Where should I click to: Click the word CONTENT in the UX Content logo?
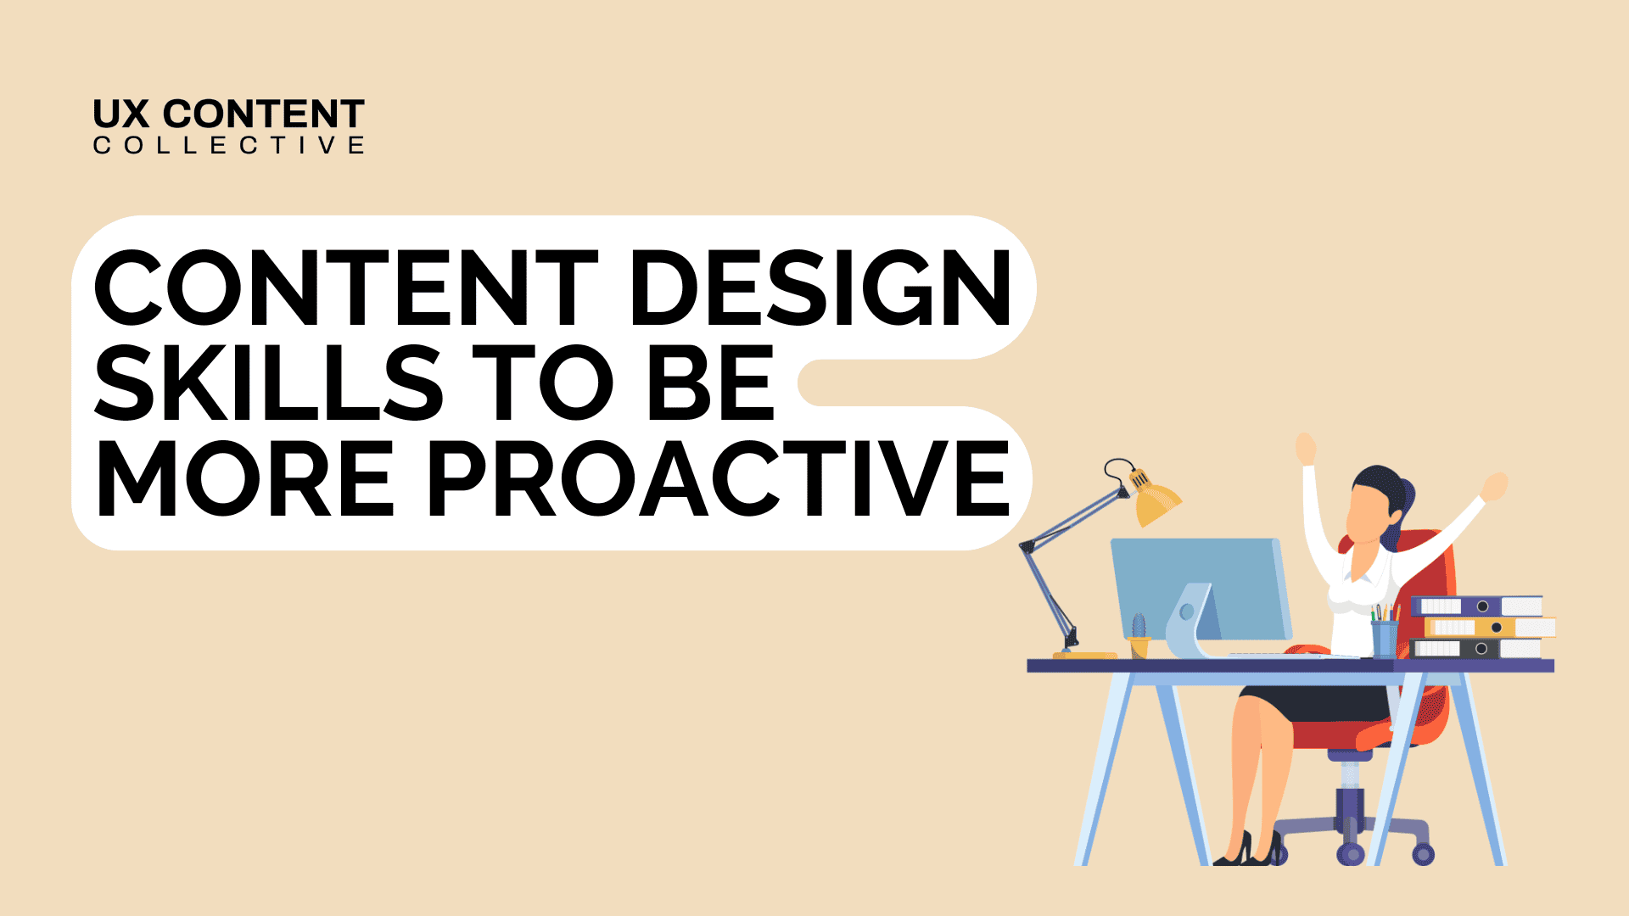coord(263,114)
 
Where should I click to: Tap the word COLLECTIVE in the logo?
coord(228,146)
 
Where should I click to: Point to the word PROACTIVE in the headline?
coord(719,478)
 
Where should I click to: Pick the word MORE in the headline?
coord(246,478)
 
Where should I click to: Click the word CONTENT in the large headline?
coord(346,288)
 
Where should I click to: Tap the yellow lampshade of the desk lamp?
coord(1156,503)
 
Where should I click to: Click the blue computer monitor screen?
coord(1201,585)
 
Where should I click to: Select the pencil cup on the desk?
coord(1385,638)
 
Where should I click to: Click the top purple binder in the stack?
coord(1476,606)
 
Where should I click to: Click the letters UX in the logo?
coord(121,114)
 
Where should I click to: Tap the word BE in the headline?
coord(710,383)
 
